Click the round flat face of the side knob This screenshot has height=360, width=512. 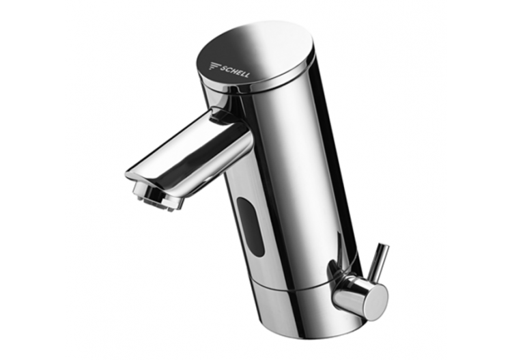[x=375, y=295]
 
